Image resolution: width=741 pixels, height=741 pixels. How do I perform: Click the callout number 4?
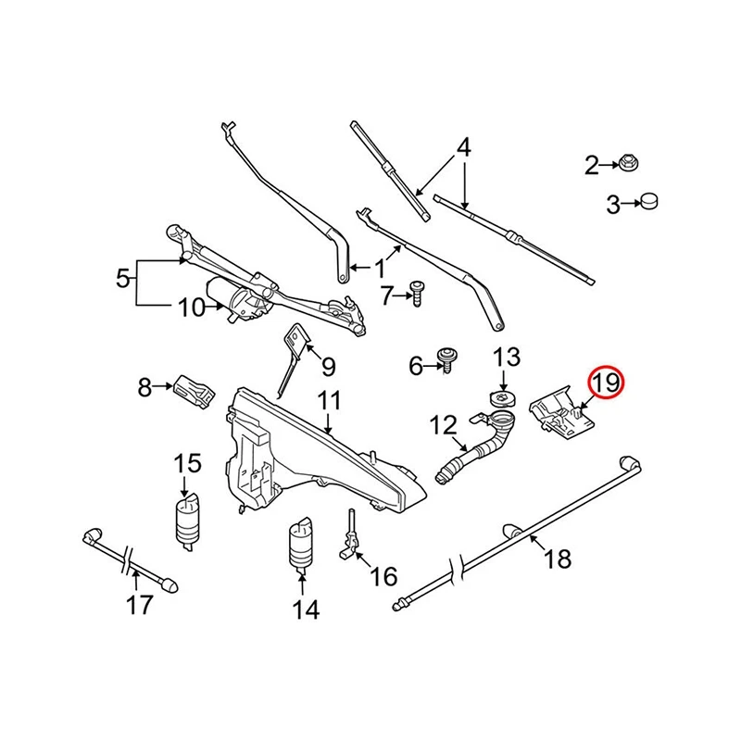pyautogui.click(x=464, y=146)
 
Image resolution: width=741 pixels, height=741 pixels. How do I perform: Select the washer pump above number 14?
pyautogui.click(x=301, y=546)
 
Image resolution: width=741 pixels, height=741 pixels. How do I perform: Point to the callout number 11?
pyautogui.click(x=330, y=402)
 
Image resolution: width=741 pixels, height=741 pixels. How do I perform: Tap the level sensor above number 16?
pyautogui.click(x=352, y=536)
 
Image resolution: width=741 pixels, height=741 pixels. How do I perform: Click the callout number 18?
pyautogui.click(x=559, y=559)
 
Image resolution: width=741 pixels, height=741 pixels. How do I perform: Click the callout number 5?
pyautogui.click(x=121, y=276)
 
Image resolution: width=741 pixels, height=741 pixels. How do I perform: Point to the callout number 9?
pyautogui.click(x=327, y=367)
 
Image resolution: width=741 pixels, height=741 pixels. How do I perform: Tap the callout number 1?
pyautogui.click(x=380, y=270)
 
